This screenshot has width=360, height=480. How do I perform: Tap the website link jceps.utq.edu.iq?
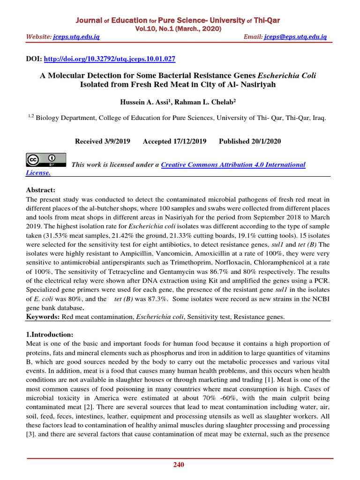76,37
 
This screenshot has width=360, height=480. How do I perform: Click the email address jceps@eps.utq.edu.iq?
295,37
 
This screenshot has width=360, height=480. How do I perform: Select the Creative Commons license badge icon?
45,160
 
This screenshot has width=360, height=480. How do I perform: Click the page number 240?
179,465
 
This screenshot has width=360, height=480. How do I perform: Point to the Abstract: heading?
40,190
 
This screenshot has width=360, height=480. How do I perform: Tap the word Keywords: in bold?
42,317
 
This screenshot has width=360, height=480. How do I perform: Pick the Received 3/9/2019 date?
103,141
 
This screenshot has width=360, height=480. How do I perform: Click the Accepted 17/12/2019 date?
174,141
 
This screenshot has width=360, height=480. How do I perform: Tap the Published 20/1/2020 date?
250,141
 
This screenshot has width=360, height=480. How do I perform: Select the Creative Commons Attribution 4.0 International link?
233,165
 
